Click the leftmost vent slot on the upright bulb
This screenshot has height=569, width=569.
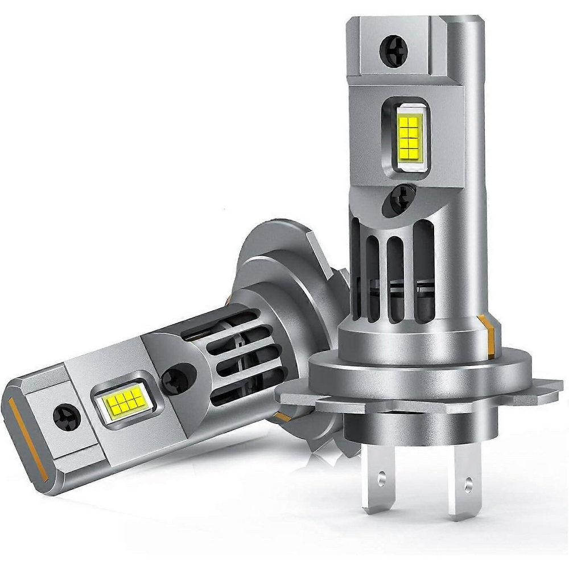coord(357,267)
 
